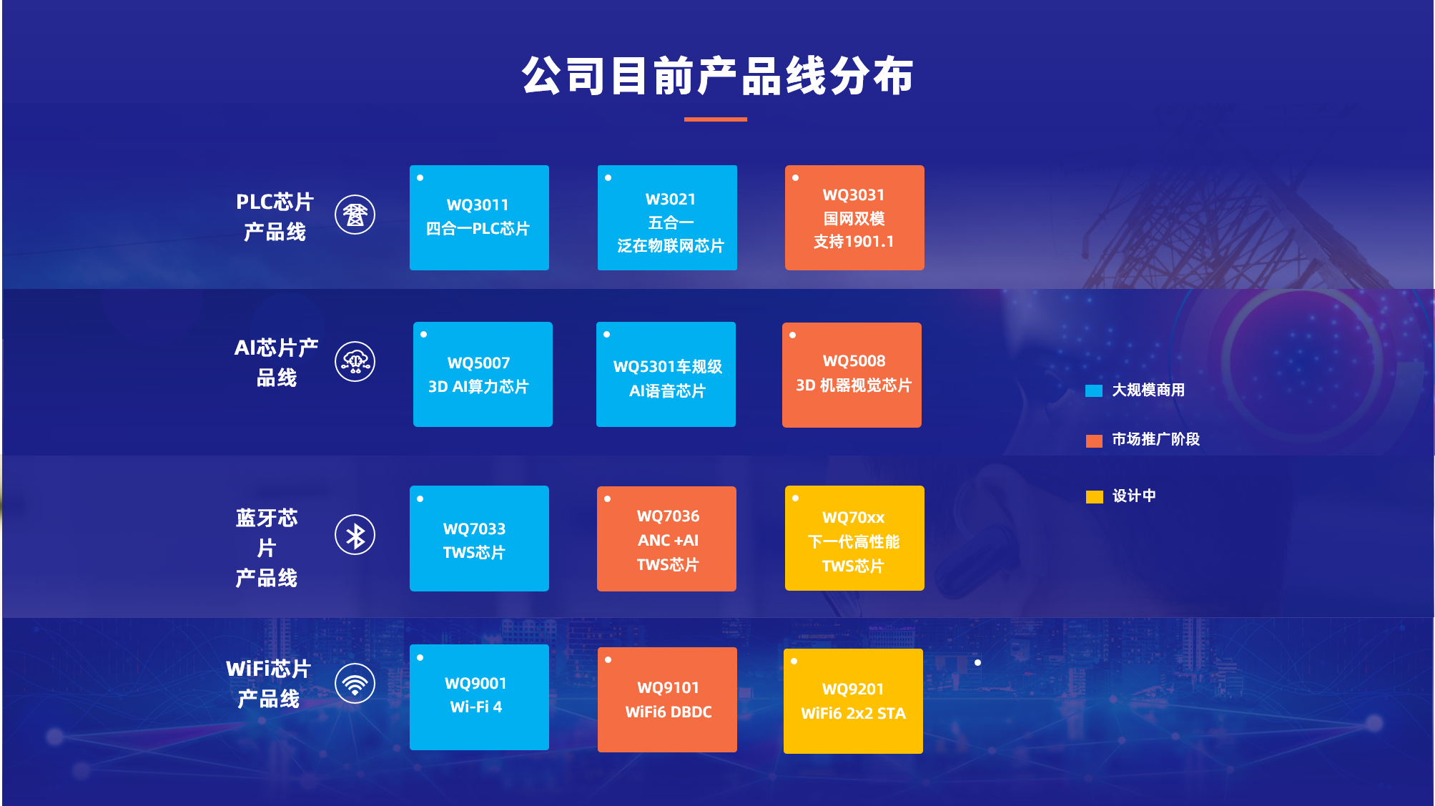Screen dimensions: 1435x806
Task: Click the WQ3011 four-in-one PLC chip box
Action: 479,217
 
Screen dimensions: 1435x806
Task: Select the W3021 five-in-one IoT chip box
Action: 667,217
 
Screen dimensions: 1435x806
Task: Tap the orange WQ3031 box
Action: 854,217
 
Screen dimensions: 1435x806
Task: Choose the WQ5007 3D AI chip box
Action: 483,374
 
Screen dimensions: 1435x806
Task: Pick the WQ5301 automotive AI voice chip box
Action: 666,374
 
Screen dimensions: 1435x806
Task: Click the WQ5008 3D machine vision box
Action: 852,375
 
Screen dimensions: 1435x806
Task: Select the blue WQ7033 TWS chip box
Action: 479,539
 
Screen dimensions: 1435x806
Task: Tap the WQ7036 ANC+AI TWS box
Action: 666,539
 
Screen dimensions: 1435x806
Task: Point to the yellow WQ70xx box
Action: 854,538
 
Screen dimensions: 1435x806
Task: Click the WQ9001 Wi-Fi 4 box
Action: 479,697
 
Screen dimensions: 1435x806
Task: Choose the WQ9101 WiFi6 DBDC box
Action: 667,699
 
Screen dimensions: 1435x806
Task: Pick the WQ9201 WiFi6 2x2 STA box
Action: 853,701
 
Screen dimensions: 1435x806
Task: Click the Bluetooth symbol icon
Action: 355,535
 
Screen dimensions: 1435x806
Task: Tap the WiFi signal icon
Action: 355,684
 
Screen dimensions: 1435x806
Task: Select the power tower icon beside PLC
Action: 355,215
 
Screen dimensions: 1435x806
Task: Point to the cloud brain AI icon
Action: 355,362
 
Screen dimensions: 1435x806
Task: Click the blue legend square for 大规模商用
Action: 1094,390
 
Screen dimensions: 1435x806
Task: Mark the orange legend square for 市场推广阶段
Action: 1094,441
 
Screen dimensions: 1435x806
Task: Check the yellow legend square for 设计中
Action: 1094,497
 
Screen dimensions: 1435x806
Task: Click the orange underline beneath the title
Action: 716,119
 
